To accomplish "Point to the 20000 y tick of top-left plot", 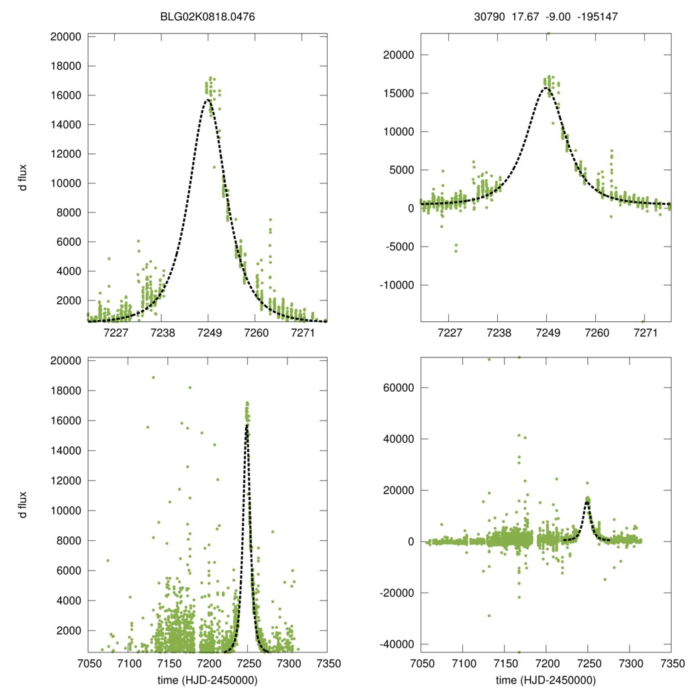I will (x=67, y=36).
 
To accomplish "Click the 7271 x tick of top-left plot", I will (x=303, y=333).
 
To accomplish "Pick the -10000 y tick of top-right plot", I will (x=395, y=285).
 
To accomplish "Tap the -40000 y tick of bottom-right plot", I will (x=395, y=644).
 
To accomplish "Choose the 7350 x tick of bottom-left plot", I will (x=327, y=662).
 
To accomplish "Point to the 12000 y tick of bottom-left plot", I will (x=67, y=480).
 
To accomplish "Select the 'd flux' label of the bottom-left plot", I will (x=23, y=504).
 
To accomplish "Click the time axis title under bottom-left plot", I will (x=208, y=679).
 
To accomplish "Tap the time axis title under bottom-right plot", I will (x=546, y=679).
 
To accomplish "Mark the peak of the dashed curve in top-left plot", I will (x=208, y=99).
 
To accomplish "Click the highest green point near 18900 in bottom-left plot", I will (x=153, y=378).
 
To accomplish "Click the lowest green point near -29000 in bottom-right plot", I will (x=489, y=615).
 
